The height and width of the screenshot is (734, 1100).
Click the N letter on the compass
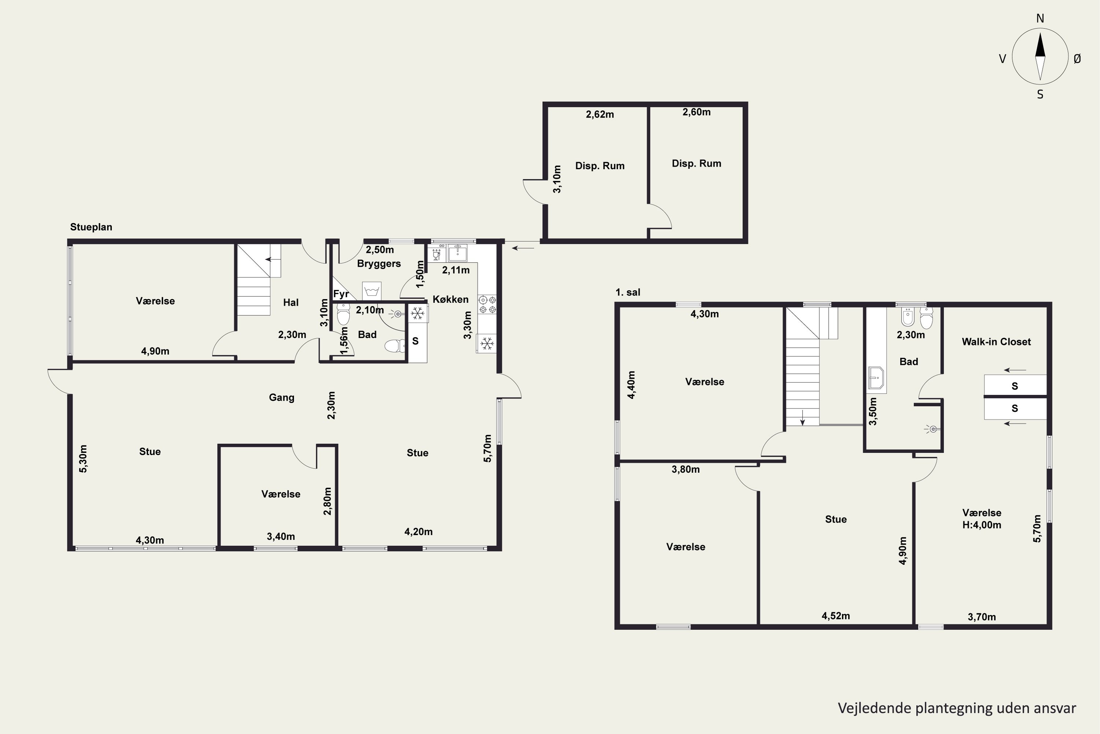pyautogui.click(x=1040, y=18)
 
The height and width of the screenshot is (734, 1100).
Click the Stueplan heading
pyautogui.click(x=91, y=227)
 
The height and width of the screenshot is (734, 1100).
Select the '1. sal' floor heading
pyautogui.click(x=628, y=292)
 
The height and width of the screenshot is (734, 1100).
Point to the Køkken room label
pyautogui.click(x=450, y=299)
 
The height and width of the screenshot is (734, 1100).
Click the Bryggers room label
pyautogui.click(x=379, y=264)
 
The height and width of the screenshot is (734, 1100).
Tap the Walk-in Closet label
pyautogui.click(x=996, y=342)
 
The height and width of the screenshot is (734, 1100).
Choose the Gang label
pyautogui.click(x=282, y=397)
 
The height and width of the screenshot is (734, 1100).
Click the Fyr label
pyautogui.click(x=341, y=294)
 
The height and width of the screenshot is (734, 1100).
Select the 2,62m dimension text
pyautogui.click(x=600, y=114)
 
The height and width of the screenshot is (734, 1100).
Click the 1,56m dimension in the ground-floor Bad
pyautogui.click(x=344, y=341)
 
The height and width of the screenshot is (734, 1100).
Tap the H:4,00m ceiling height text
pyautogui.click(x=982, y=525)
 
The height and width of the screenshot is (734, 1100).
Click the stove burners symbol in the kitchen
pyautogui.click(x=487, y=305)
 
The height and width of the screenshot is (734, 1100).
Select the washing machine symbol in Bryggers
pyautogui.click(x=372, y=291)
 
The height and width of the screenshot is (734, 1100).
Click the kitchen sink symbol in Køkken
pyautogui.click(x=457, y=252)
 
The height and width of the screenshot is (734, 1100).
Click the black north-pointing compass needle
pyautogui.click(x=1040, y=45)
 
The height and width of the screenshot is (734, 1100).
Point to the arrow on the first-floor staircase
pyautogui.click(x=803, y=418)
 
